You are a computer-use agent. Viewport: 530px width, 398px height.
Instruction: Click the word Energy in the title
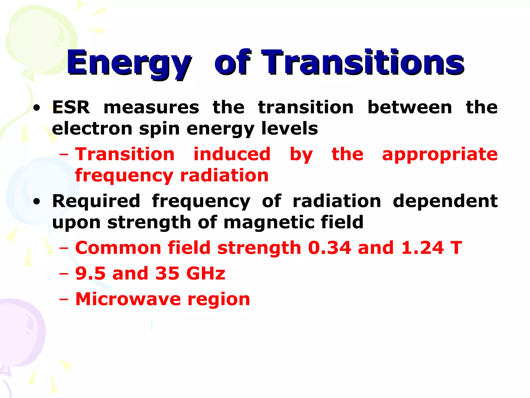tap(129, 63)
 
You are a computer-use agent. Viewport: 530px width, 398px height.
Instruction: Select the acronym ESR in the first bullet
tap(71, 107)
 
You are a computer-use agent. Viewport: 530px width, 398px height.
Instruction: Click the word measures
tap(151, 107)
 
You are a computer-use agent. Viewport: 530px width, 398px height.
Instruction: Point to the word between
tap(410, 107)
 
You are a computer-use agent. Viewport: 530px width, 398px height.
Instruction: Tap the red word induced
tap(232, 154)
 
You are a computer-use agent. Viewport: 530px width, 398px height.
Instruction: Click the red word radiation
tap(224, 175)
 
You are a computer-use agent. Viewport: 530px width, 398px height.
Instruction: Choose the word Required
tap(96, 201)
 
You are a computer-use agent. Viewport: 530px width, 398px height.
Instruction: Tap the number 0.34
tap(329, 248)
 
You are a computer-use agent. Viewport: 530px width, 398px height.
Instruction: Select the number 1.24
tap(422, 248)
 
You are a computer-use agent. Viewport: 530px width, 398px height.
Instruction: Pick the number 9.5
tap(90, 273)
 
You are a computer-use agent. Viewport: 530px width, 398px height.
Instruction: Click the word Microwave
tap(128, 299)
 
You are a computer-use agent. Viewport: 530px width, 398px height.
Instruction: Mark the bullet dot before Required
tap(37, 202)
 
